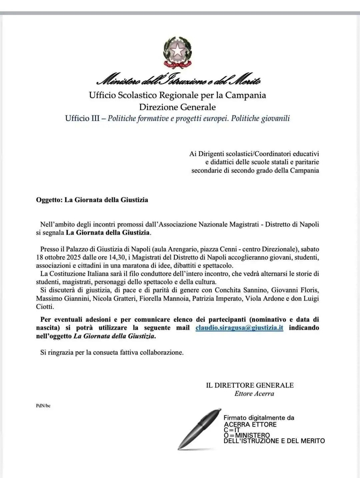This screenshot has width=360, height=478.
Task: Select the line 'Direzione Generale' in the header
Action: click(x=177, y=107)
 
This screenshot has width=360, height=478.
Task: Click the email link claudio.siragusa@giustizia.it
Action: click(x=239, y=328)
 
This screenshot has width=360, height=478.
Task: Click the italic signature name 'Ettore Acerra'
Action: click(x=254, y=394)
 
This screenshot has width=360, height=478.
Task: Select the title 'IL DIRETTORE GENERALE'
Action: click(x=250, y=385)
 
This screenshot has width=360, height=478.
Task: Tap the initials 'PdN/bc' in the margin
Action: click(x=43, y=406)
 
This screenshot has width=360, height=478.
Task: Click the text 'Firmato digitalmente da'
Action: click(x=259, y=418)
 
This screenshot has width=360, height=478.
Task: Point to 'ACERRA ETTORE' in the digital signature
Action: click(x=250, y=424)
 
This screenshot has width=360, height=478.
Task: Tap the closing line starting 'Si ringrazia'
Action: click(x=112, y=352)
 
